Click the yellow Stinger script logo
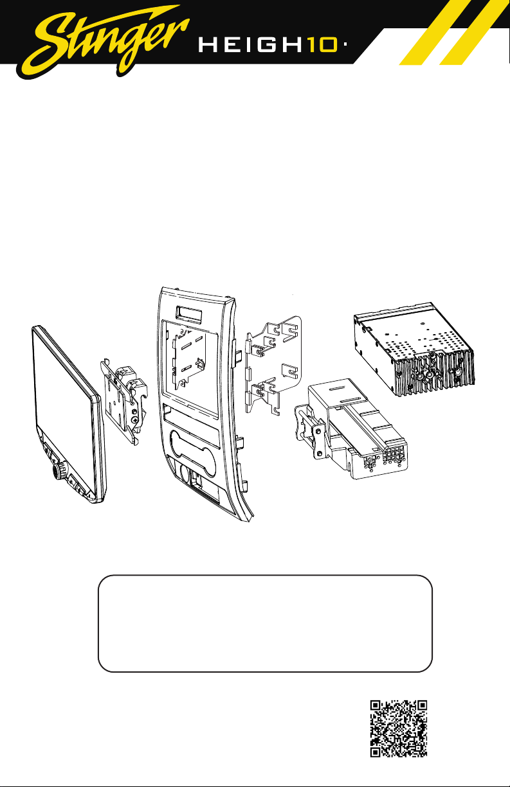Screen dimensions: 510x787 pos(105,42)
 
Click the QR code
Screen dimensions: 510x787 pos(399,729)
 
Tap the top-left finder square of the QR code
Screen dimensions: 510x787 pos(376,705)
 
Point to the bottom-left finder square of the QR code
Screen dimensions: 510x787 pos(376,752)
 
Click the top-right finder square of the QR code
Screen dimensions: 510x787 pos(421,705)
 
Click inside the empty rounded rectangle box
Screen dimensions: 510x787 pos(265,624)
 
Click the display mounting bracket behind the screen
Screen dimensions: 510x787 pos(123,400)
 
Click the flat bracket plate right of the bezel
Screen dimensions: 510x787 pos(273,365)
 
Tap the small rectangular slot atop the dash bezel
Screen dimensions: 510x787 pos(189,314)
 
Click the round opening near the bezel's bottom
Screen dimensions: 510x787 pos(183,473)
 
